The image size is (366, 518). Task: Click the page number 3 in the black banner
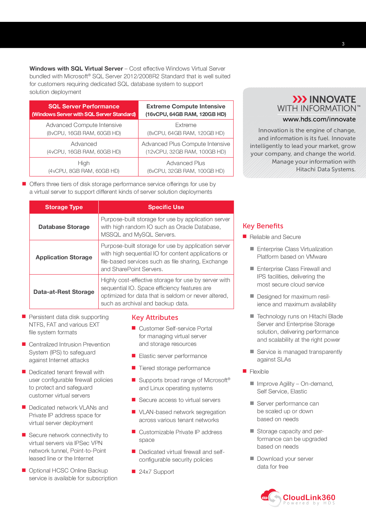[343, 44]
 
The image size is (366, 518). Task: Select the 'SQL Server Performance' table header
[84, 107]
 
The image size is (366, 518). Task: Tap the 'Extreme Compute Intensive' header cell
[186, 107]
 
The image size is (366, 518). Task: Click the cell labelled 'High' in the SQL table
[84, 163]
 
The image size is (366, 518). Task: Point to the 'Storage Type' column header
[64, 207]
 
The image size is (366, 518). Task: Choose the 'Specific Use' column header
[166, 207]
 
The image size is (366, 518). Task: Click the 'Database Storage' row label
[64, 227]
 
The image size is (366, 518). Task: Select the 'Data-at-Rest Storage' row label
[64, 292]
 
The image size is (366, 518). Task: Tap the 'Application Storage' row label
[64, 258]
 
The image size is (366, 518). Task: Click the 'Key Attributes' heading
[155, 318]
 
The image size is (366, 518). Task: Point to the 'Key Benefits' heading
[263, 226]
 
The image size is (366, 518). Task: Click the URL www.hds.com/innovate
[319, 119]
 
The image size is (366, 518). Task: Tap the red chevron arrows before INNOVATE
[300, 99]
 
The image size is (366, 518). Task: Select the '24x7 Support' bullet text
[156, 472]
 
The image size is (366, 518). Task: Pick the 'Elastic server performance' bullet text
[173, 356]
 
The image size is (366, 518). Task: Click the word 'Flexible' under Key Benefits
[259, 372]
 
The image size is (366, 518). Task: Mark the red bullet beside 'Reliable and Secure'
[245, 237]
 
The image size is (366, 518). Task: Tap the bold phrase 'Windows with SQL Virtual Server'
[76, 69]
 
